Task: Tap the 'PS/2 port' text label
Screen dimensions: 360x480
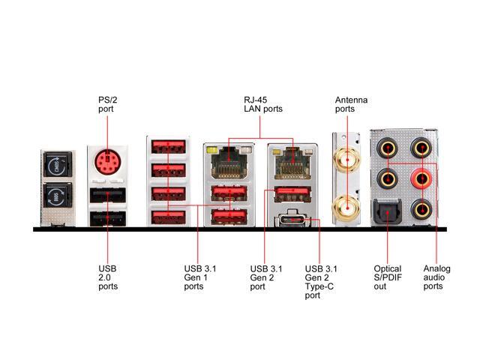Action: [106, 103]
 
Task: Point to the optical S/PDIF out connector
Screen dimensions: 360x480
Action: [387, 216]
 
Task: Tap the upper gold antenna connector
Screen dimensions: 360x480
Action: [346, 157]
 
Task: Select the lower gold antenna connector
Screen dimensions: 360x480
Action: [346, 202]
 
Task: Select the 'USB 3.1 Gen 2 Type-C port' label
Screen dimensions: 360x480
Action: [321, 282]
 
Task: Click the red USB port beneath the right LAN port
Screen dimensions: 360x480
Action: [290, 194]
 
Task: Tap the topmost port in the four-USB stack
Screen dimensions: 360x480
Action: [168, 146]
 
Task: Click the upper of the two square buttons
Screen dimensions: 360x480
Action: [59, 166]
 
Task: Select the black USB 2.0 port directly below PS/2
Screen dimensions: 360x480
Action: [106, 196]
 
